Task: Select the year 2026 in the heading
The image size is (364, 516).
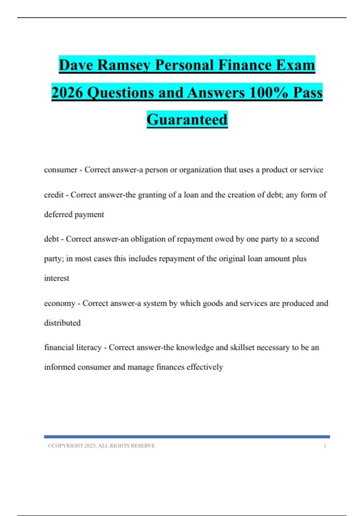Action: point(67,93)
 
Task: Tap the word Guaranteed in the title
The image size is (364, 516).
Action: point(187,119)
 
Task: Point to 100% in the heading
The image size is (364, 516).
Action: point(268,93)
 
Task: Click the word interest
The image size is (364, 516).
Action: point(57,278)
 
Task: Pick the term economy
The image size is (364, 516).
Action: point(59,304)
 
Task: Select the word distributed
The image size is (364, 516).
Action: point(62,323)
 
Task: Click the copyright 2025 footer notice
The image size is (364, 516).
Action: point(101,446)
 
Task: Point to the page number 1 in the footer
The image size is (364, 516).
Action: point(325,446)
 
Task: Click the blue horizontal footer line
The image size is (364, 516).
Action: point(187,437)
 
